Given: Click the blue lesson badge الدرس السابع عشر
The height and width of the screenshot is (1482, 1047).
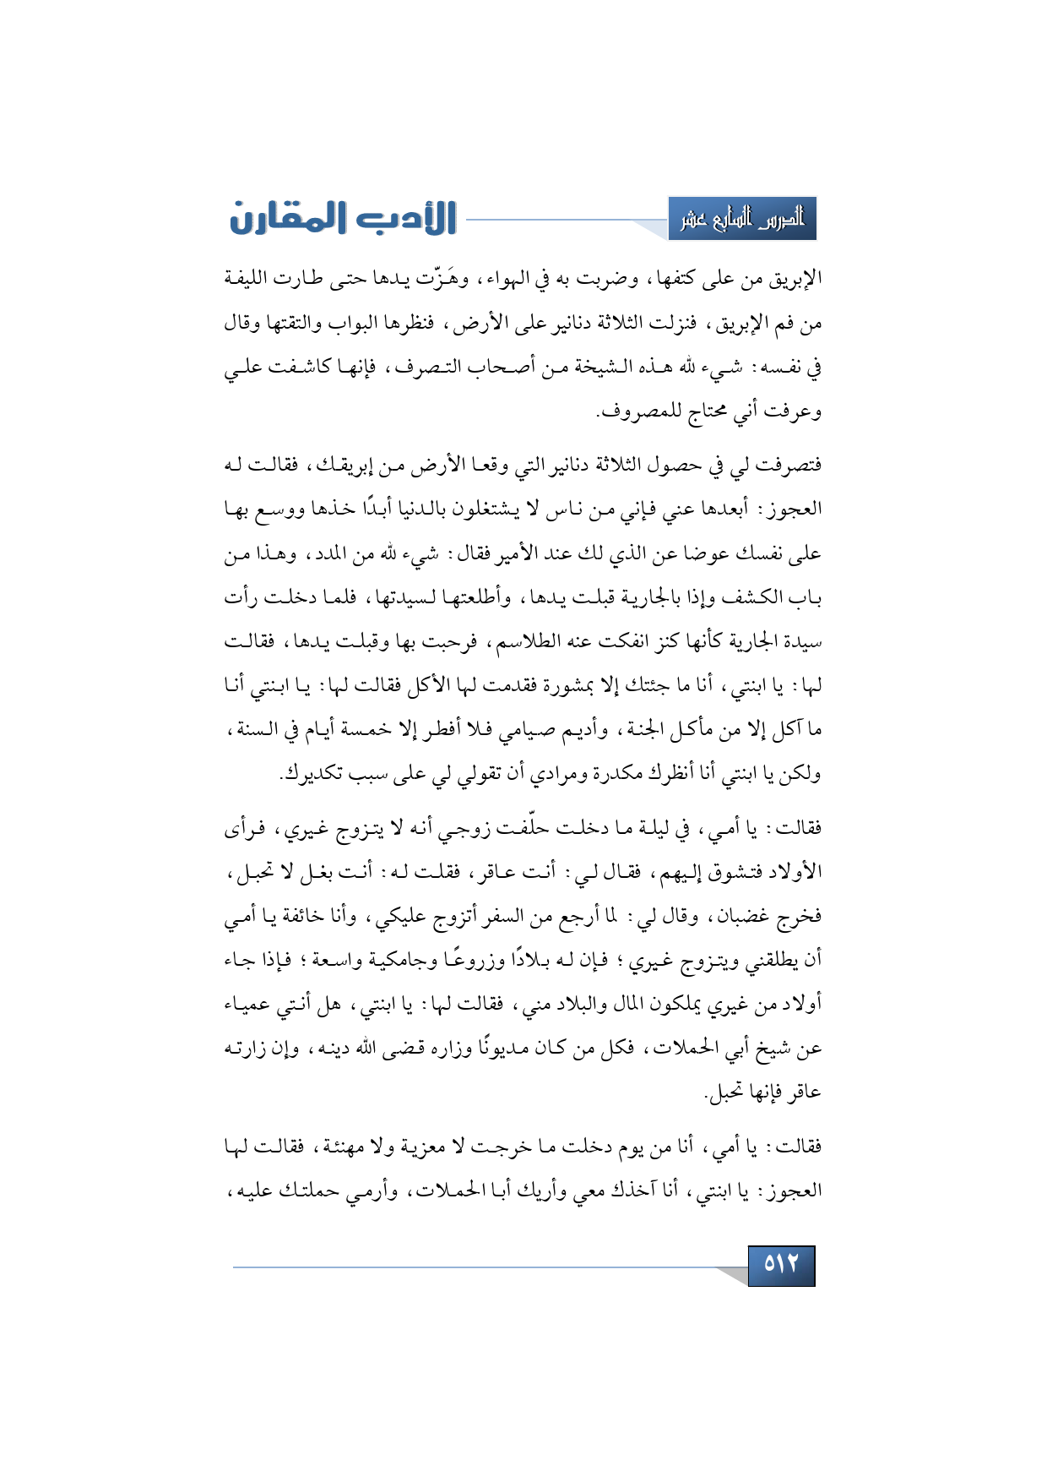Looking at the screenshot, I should tap(742, 220).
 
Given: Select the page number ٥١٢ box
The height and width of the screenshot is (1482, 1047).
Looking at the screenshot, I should tap(781, 1265).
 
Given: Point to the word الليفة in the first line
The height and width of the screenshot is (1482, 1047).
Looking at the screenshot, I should tap(248, 278).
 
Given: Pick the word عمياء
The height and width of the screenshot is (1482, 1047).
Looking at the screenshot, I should tap(249, 1004).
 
